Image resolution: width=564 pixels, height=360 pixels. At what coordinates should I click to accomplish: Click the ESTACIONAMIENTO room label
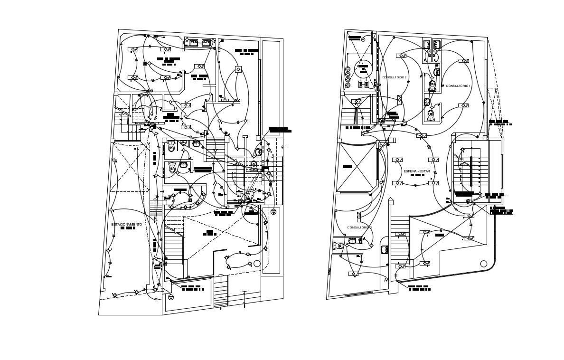[126, 224]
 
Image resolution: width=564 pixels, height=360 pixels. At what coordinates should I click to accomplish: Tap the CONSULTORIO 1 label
[458, 86]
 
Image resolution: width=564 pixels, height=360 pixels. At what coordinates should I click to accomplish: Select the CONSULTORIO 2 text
[395, 77]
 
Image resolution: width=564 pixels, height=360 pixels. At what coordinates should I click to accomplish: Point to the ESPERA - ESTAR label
[416, 171]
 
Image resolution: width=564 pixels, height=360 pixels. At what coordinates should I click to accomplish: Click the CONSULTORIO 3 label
[359, 227]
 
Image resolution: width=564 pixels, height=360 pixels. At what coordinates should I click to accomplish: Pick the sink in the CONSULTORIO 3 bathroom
[352, 241]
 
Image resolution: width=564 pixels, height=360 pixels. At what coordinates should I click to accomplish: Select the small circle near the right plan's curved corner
[484, 264]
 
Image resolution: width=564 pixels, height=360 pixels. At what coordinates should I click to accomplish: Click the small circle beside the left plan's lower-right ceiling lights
[257, 263]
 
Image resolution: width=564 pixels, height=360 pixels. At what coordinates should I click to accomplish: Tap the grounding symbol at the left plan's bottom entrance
[171, 297]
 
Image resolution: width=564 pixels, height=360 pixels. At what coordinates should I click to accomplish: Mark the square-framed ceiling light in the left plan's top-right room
[238, 70]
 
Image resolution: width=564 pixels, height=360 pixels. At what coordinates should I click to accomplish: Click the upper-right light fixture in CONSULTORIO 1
[463, 60]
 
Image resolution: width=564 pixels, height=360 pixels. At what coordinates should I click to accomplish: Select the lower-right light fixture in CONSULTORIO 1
[463, 105]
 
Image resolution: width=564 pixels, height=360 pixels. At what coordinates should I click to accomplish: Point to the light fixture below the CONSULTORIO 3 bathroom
[353, 274]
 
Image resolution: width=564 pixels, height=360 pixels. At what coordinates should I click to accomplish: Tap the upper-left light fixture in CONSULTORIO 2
[401, 56]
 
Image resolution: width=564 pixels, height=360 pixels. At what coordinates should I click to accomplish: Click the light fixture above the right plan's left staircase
[356, 101]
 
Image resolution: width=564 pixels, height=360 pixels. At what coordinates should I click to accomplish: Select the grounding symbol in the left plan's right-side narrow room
[273, 212]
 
